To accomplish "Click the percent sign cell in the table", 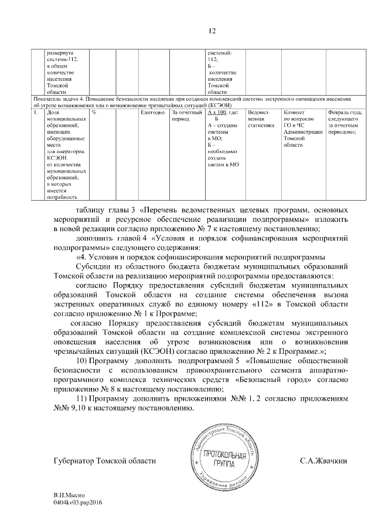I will click(94, 113).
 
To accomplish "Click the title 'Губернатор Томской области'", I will click(105, 461).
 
